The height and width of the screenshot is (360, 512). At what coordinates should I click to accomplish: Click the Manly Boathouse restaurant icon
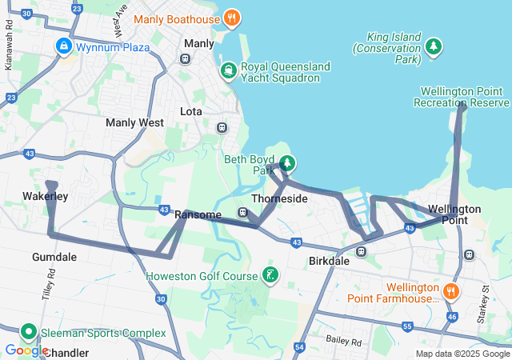[231, 17]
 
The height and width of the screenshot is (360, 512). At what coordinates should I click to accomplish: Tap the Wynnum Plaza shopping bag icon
[63, 46]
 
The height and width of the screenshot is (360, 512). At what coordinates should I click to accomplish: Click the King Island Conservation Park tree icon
[434, 46]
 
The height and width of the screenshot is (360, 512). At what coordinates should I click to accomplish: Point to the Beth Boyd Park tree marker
[286, 164]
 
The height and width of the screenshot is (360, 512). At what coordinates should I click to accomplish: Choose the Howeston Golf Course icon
[270, 276]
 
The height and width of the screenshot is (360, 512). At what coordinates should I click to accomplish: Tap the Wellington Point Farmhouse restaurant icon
[451, 292]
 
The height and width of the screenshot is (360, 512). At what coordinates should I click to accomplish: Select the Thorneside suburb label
[279, 198]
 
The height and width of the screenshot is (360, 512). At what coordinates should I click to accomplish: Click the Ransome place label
[198, 214]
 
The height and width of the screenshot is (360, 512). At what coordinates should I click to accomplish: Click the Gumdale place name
[54, 257]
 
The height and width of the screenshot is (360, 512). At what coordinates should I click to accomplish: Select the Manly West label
[134, 123]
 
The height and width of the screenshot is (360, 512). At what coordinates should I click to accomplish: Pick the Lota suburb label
[191, 111]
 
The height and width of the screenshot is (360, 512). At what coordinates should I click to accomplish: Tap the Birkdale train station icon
[362, 251]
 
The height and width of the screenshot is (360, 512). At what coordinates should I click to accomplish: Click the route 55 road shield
[407, 326]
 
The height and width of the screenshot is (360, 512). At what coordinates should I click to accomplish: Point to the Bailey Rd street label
[344, 341]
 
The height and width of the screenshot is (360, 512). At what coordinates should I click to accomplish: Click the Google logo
[26, 350]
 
